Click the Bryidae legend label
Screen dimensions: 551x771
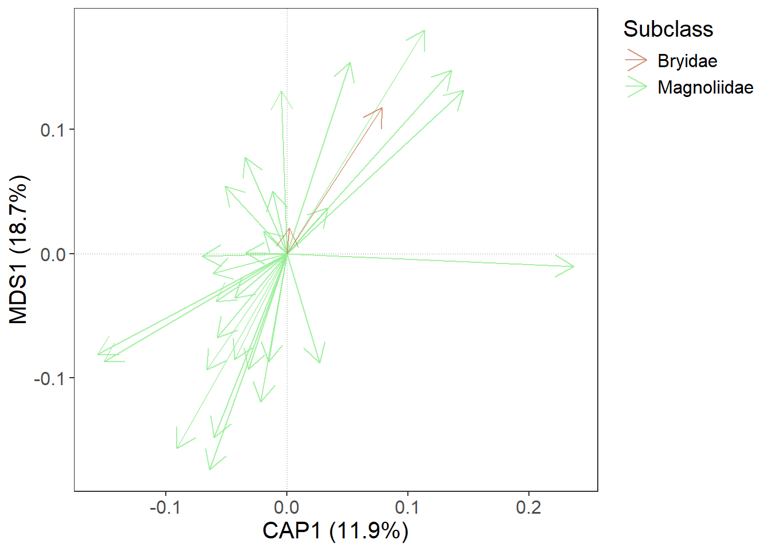pos(687,61)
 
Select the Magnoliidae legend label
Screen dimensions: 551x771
pos(705,87)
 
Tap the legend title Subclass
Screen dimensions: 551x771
pos(668,29)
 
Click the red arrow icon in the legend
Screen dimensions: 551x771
pos(636,60)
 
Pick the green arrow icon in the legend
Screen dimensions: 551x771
pos(636,87)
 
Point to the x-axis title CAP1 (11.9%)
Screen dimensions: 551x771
pos(336,530)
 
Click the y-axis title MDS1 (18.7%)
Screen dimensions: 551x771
pos(18,250)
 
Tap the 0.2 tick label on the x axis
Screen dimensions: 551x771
pos(528,507)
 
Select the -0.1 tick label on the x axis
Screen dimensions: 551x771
pos(165,507)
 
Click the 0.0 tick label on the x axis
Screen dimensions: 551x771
pos(287,507)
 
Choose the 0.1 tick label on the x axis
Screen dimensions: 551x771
pos(407,507)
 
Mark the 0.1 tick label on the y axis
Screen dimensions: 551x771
pos(53,130)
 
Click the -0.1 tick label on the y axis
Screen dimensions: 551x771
pos(49,379)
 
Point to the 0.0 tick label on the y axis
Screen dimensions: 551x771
pos(53,254)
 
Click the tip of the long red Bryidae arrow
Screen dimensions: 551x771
pos(381,108)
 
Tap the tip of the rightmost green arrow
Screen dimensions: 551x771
pos(574,266)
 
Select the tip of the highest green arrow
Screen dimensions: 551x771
pos(425,30)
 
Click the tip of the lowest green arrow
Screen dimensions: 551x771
pos(210,469)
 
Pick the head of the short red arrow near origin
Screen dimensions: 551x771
pos(289,229)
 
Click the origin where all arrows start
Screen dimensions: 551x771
pos(287,254)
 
